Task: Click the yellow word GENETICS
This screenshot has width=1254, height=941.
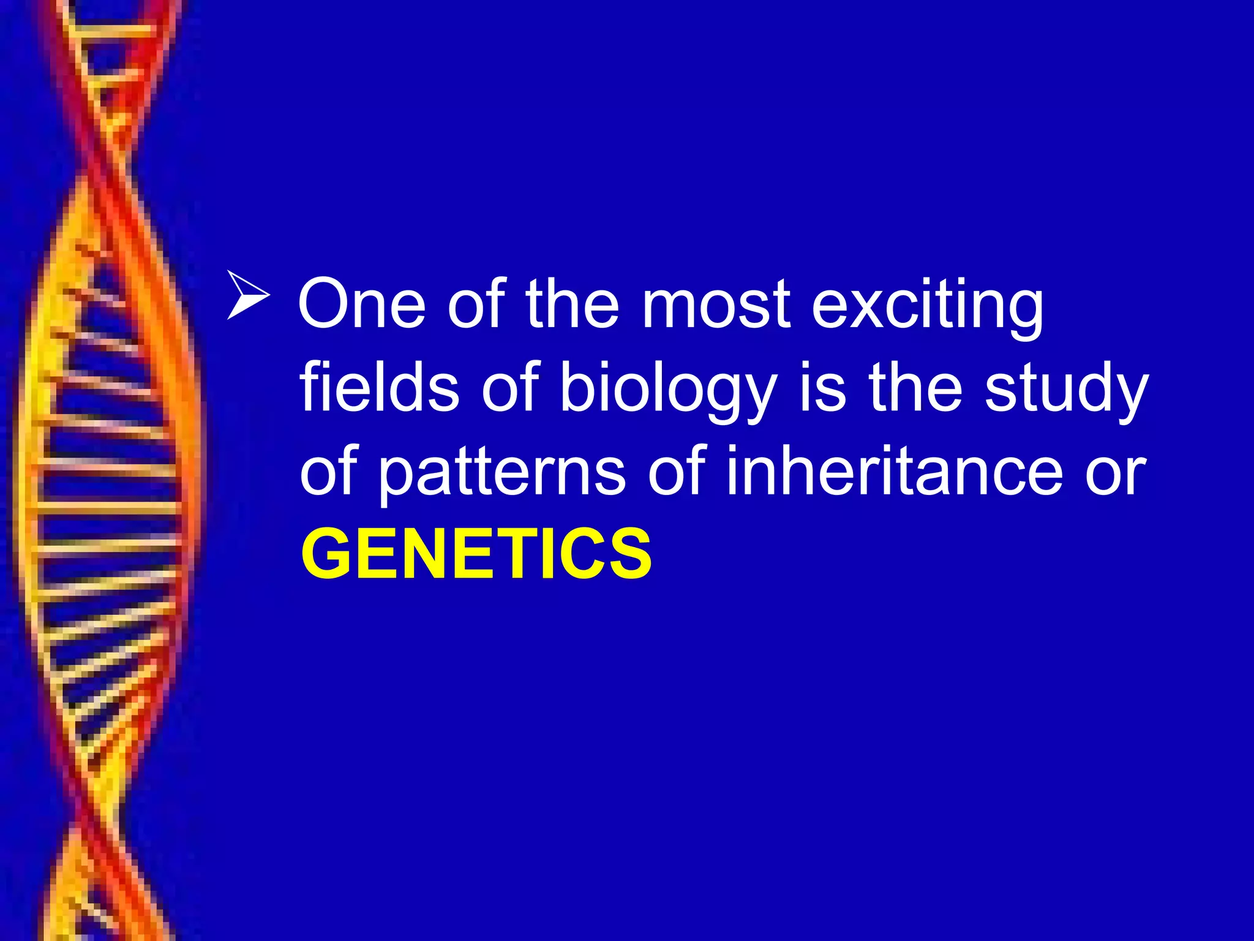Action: (476, 554)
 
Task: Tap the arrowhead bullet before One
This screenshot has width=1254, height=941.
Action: (247, 295)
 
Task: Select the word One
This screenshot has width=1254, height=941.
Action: (361, 304)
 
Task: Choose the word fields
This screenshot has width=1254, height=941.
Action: (379, 387)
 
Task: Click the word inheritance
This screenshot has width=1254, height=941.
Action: (893, 470)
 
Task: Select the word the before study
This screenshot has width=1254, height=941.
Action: (915, 387)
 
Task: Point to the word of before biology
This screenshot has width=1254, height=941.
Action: (510, 387)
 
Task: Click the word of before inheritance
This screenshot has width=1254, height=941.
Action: (676, 470)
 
